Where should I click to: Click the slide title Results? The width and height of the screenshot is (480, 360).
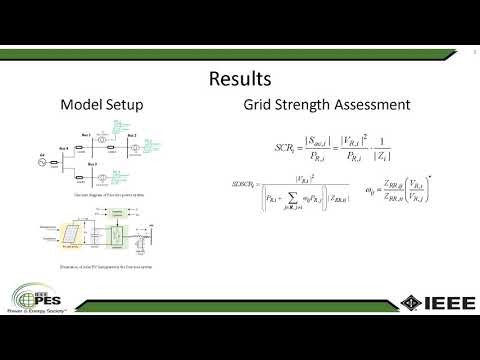tap(240, 78)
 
